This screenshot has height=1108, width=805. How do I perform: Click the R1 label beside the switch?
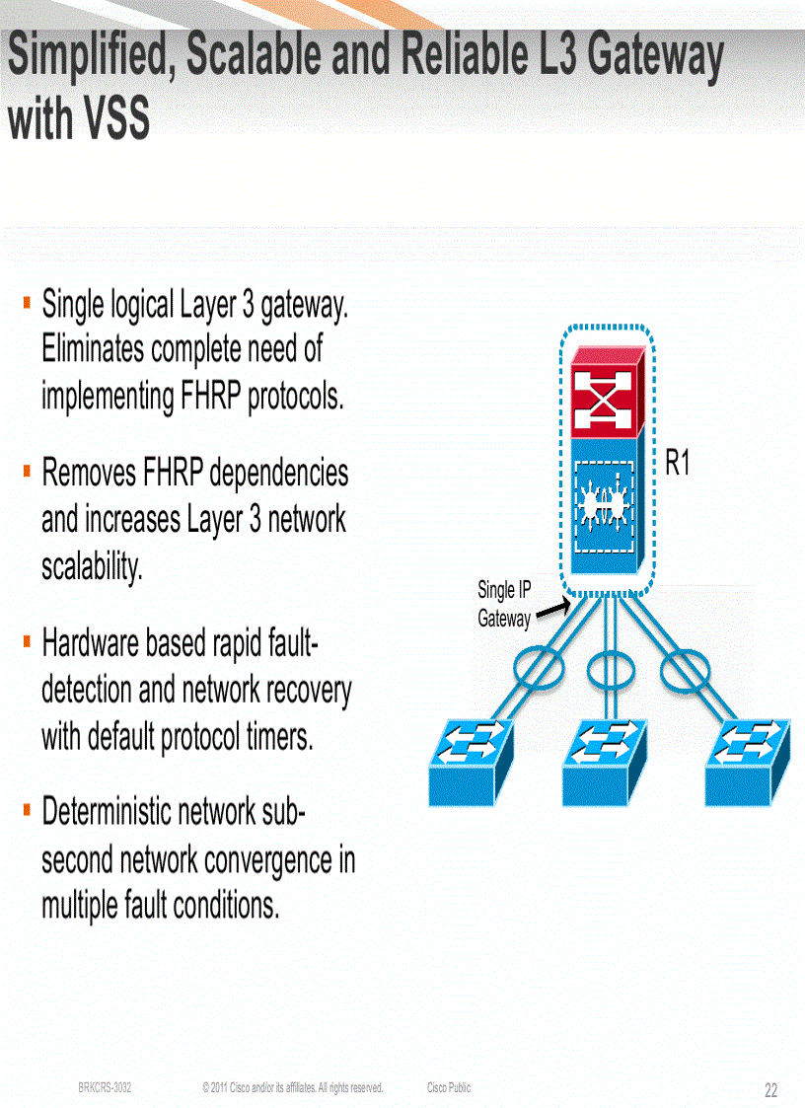pos(677,464)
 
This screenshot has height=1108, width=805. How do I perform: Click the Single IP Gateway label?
pos(503,604)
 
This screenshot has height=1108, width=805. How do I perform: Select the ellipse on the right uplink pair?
pos(686,671)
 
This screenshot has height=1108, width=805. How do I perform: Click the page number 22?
pos(770,1090)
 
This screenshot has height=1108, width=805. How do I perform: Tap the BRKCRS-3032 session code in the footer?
pos(105,1087)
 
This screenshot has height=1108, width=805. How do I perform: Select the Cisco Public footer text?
pos(449,1087)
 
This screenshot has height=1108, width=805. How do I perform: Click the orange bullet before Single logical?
pos(26,300)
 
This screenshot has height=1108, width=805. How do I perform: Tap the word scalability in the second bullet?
pos(92,566)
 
